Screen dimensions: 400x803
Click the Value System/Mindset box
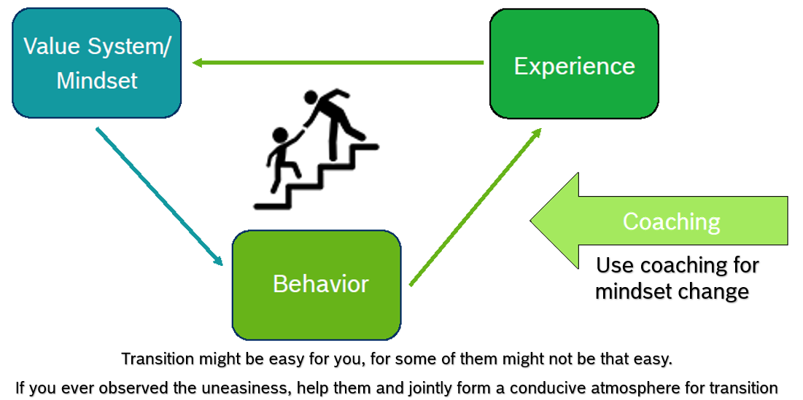click(96, 63)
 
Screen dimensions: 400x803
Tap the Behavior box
click(317, 284)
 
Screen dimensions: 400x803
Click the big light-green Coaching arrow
click(656, 221)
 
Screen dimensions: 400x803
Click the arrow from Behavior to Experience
click(476, 206)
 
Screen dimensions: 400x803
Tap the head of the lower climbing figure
click(280, 136)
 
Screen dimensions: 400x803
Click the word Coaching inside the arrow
click(671, 221)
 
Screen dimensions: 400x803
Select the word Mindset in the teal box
click(97, 80)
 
